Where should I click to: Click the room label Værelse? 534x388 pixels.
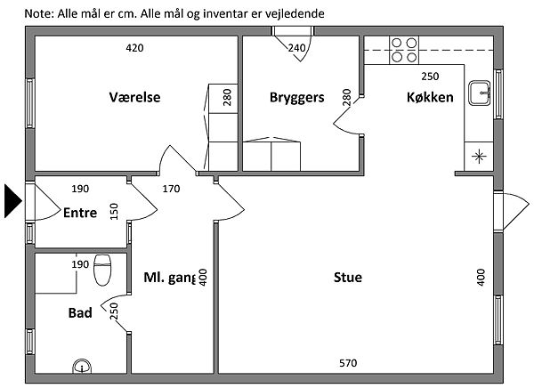(x=134, y=97)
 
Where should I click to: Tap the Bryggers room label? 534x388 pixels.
(x=296, y=97)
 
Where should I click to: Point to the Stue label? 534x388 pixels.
(x=347, y=278)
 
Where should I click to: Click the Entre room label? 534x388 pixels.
(x=80, y=212)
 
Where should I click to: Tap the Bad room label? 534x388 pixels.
(x=80, y=313)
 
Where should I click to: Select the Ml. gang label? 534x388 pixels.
(x=168, y=278)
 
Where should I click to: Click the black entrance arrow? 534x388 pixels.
(x=12, y=200)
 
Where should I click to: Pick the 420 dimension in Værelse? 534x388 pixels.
(x=133, y=48)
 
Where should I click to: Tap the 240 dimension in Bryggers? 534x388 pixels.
(x=298, y=48)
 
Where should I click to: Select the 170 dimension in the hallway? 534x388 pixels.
(x=172, y=189)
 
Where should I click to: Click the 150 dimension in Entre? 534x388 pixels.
(x=114, y=212)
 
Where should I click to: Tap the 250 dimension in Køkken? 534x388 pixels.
(x=430, y=77)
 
